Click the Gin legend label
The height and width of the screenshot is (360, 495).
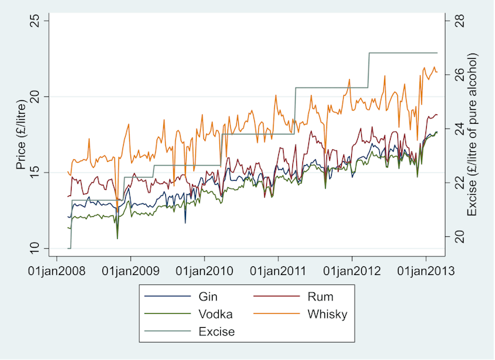click(x=208, y=296)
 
